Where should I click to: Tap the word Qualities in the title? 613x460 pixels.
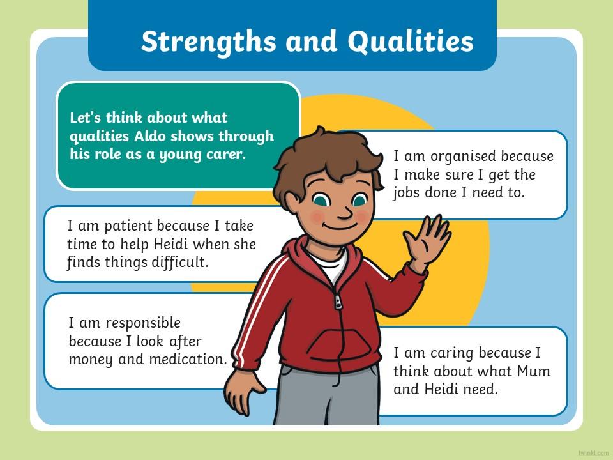(x=411, y=42)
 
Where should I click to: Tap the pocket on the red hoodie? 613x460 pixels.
(x=338, y=344)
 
